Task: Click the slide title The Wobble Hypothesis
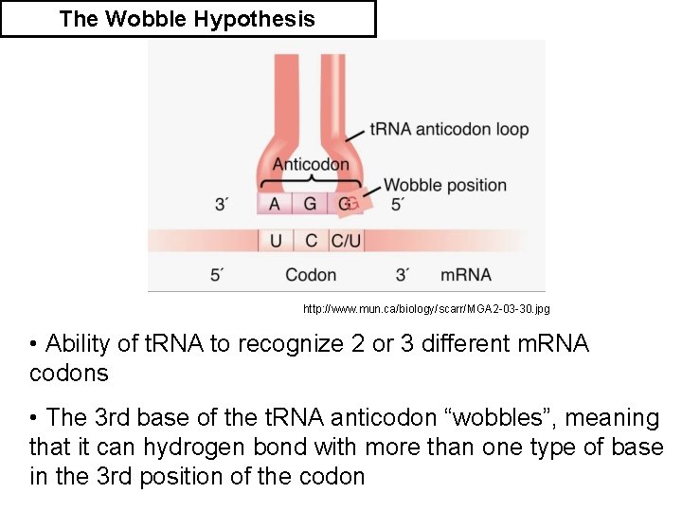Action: tap(187, 19)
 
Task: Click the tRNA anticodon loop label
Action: tap(449, 129)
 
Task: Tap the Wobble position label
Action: tap(444, 185)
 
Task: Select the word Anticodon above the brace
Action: tap(311, 164)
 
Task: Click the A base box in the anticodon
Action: tap(275, 204)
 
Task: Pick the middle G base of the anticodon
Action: tap(310, 204)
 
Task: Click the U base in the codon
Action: tap(276, 241)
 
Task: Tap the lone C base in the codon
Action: tap(311, 241)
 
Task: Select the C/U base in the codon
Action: tap(345, 241)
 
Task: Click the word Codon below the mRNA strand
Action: tap(311, 275)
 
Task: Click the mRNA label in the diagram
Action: tap(466, 275)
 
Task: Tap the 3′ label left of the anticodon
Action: tap(222, 205)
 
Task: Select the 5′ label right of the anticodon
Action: tap(399, 205)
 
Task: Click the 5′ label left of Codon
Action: tap(217, 275)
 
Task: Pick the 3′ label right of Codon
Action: tap(403, 275)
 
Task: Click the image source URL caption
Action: tap(425, 309)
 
